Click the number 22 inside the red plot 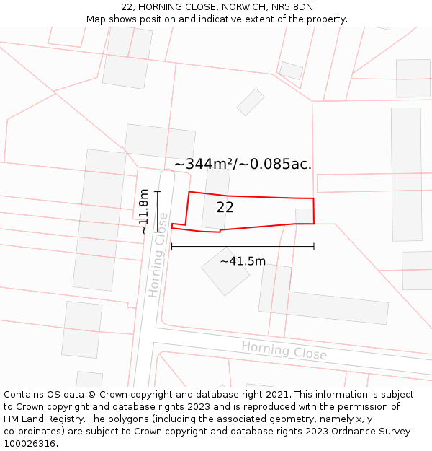point(225,208)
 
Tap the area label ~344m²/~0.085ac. point(243,164)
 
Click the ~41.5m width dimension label point(243,261)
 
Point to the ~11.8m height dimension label point(144,211)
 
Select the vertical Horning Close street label point(158,255)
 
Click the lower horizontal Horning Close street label point(284,351)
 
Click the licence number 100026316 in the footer point(30,444)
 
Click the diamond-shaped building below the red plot point(225,271)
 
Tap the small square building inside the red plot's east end point(305,216)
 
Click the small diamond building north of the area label point(251,102)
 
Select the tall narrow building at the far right point(407,174)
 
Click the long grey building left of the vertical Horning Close point(99,219)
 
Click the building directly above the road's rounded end point(160,141)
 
